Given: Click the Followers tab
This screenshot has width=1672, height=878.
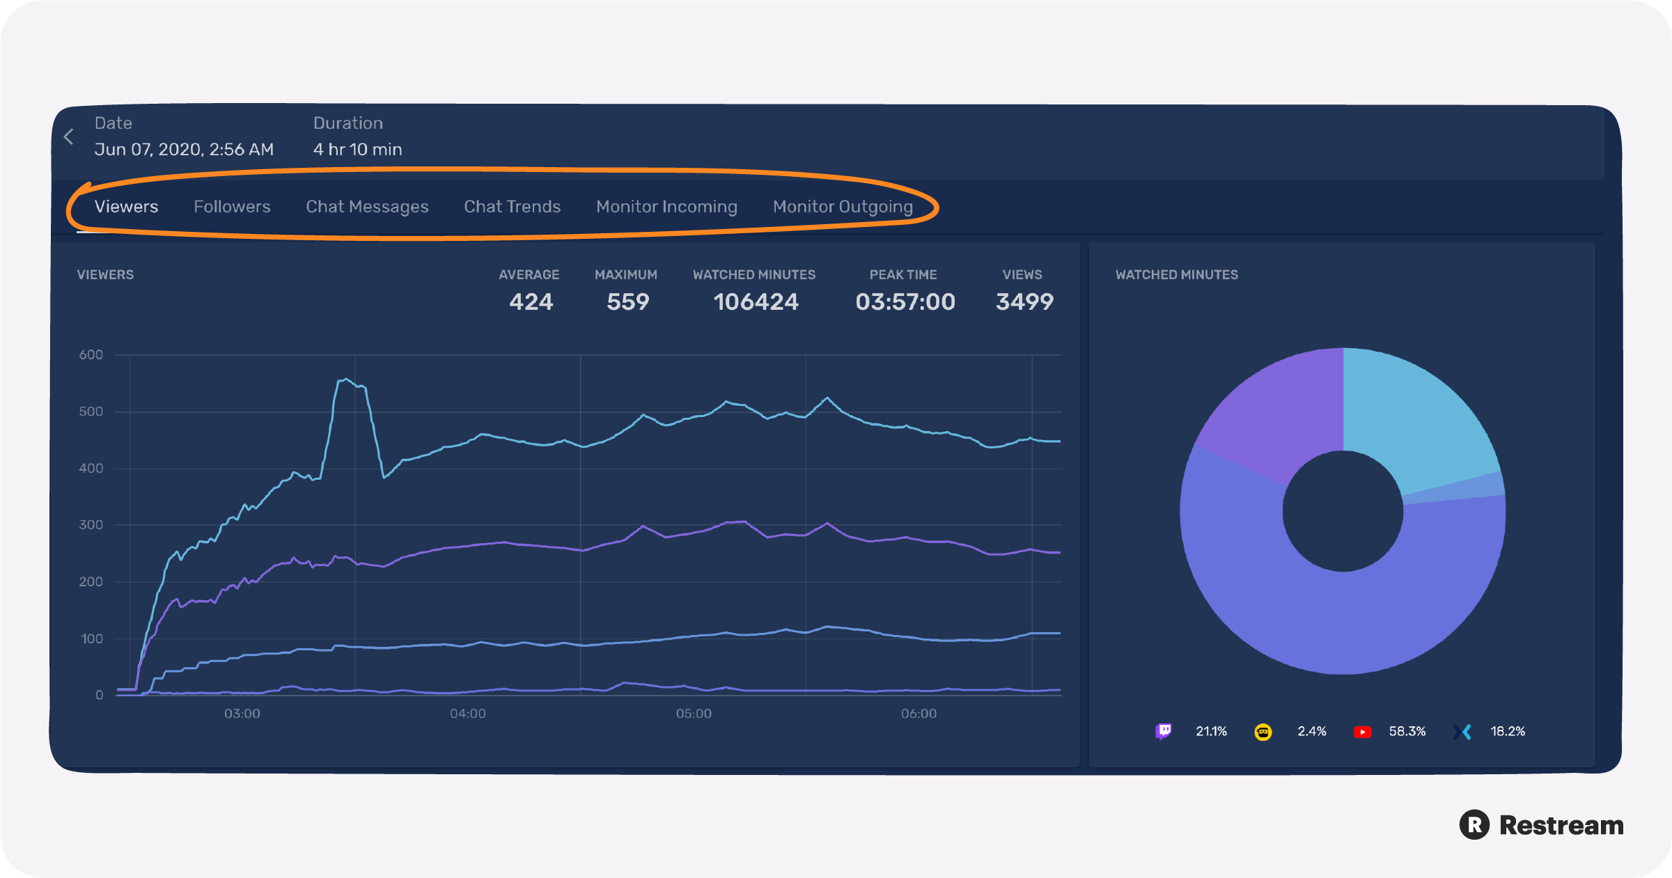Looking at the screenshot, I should tap(232, 207).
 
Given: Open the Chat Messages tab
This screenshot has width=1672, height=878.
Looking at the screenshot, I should tap(367, 207).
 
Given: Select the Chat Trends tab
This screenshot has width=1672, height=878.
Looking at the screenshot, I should tap(512, 207).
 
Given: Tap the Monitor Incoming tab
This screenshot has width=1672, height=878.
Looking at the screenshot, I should tap(666, 207).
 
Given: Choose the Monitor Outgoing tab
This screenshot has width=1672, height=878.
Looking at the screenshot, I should tap(843, 207).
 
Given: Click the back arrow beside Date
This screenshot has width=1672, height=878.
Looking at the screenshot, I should tap(69, 136).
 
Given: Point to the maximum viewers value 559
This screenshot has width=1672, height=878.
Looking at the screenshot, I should tap(627, 301).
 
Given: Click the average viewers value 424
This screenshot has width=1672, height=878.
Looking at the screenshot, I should tap(531, 301).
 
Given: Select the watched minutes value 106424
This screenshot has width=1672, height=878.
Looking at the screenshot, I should tap(756, 301).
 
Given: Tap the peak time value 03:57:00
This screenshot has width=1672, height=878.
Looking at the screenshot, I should tap(905, 301).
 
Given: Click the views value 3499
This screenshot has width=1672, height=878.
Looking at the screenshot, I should tap(1024, 301).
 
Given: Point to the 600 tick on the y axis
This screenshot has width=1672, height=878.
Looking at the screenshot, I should tap(91, 354).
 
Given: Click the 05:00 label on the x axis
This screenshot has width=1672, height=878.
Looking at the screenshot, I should tap(694, 714).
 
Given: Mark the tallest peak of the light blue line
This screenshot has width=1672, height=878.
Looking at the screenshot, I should tap(346, 379).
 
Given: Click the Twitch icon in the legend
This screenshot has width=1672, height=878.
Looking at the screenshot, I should tap(1163, 731).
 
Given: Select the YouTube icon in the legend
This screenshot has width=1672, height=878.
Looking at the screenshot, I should tap(1362, 732).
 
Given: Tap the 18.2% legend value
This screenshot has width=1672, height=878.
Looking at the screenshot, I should tap(1508, 731).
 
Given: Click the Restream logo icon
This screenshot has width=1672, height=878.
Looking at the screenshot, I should tap(1474, 825).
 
